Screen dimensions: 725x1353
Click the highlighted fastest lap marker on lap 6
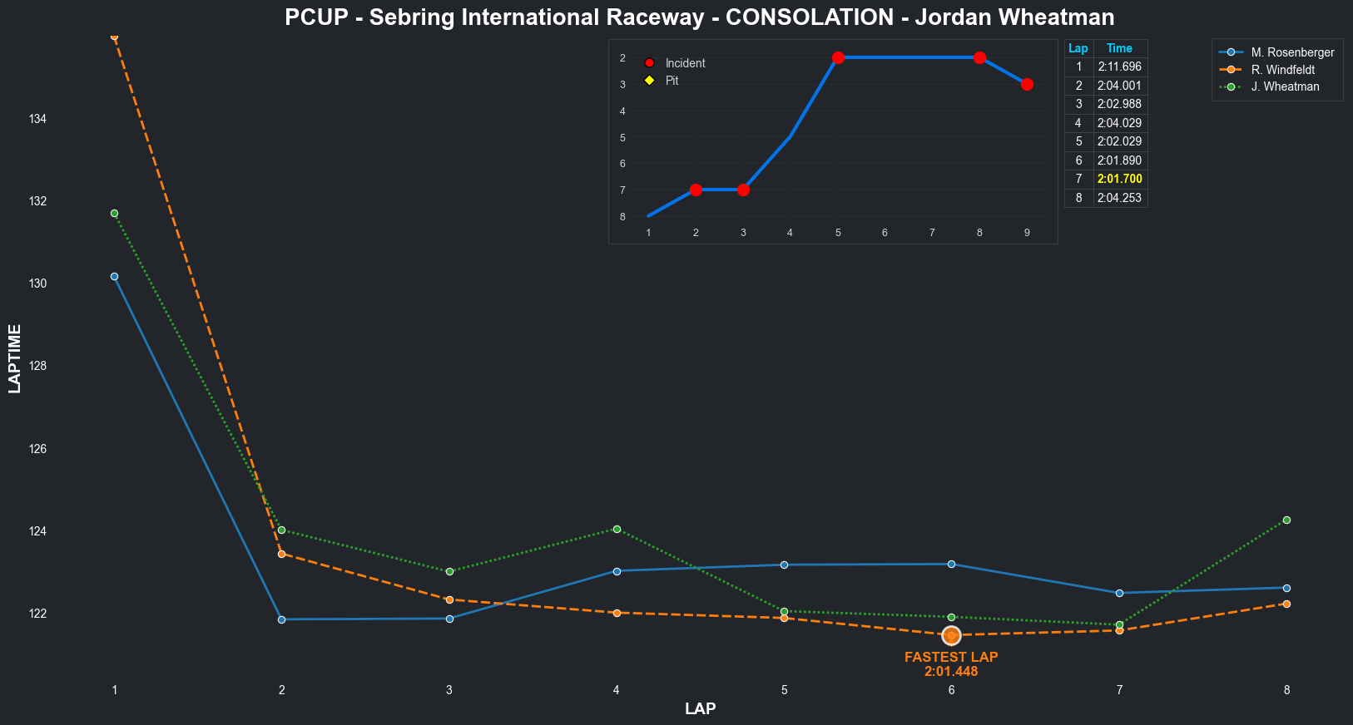tap(951, 635)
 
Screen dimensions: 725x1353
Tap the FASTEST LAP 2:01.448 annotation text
tap(951, 663)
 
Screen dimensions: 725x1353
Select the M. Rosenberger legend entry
tap(1292, 52)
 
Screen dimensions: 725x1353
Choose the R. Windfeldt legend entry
tap(1282, 70)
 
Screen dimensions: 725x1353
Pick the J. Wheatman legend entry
tap(1285, 86)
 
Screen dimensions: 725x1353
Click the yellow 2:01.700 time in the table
tap(1119, 179)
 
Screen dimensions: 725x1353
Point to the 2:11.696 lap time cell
tap(1119, 67)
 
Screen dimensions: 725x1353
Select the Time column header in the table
tap(1119, 48)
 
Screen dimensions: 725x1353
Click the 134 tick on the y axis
tap(37, 119)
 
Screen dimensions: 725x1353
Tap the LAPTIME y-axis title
tap(14, 358)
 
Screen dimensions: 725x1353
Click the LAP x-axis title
tap(700, 708)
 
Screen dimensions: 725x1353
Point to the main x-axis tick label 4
tap(617, 690)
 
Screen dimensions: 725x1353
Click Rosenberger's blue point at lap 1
tap(114, 276)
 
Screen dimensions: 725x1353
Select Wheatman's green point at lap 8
tap(1286, 520)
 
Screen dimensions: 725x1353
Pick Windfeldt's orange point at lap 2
tap(281, 554)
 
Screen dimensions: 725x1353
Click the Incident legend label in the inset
tap(685, 63)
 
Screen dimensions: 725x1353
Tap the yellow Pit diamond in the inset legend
tap(649, 81)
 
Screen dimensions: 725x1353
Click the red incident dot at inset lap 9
tap(1027, 84)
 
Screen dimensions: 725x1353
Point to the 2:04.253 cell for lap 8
tap(1119, 198)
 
